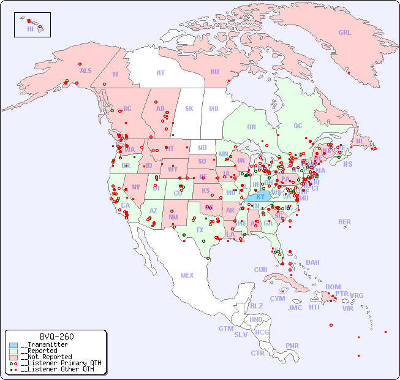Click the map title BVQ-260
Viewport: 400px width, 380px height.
point(56,336)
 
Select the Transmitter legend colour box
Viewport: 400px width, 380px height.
point(13,345)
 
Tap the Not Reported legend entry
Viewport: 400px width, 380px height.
point(45,357)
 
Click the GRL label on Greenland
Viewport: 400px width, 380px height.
point(345,33)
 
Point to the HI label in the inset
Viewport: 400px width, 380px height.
point(30,29)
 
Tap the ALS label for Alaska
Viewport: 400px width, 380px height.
point(86,70)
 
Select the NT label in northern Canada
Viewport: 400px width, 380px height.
point(160,72)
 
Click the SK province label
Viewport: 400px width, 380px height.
point(189,108)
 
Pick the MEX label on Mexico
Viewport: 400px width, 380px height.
point(187,275)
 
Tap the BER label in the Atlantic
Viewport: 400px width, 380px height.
point(345,222)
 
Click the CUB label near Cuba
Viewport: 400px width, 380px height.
point(260,270)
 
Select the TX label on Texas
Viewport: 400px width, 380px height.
point(200,230)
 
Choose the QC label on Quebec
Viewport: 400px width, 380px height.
point(298,126)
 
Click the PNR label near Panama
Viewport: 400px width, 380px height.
point(292,346)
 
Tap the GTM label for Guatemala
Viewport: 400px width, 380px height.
point(225,329)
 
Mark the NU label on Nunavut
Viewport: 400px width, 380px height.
point(214,72)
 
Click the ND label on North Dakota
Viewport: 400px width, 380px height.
point(202,148)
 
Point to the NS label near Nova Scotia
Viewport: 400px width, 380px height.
point(347,164)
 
